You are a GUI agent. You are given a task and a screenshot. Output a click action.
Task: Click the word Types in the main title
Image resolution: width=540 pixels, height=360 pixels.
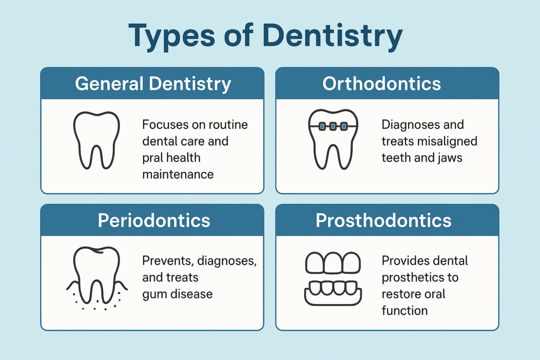coord(175,36)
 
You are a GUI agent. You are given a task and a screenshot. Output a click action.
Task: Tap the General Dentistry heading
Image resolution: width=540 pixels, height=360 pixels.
coord(153,84)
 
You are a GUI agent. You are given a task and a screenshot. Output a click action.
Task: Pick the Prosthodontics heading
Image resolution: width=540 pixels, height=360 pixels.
coord(383,220)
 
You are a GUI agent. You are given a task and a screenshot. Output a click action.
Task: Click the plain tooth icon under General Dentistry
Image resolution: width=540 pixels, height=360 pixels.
coord(95,139)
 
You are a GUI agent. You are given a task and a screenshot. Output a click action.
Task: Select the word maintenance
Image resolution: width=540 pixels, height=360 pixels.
coord(178,174)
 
